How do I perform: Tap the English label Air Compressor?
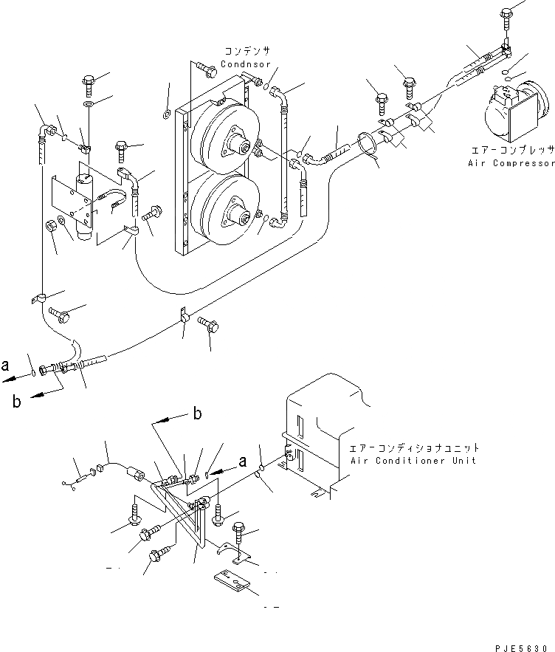click(x=511, y=162)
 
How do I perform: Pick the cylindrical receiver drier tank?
click(x=88, y=204)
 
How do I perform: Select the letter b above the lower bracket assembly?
click(x=197, y=414)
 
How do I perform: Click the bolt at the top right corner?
click(x=506, y=16)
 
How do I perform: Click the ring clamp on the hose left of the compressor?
click(x=370, y=144)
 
